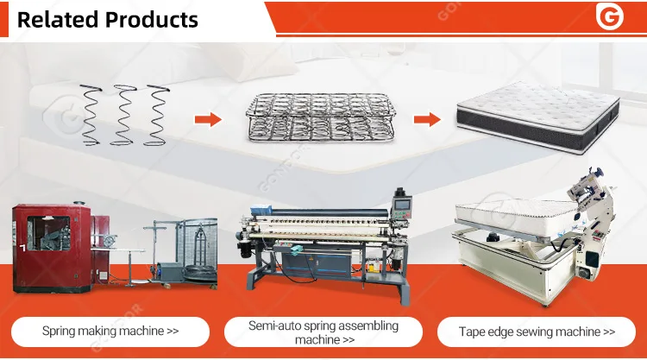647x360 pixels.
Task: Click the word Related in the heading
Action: point(57,20)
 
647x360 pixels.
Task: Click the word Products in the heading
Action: point(152,20)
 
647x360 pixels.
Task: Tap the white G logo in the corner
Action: point(609,17)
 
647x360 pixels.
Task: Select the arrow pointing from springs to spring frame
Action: point(209,120)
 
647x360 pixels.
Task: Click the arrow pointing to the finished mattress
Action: point(428,120)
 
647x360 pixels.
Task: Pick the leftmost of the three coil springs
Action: point(91,115)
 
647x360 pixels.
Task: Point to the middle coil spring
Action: point(124,115)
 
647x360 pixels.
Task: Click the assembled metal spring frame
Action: point(321,117)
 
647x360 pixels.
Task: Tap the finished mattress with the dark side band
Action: point(538,117)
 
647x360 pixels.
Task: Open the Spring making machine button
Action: point(110,332)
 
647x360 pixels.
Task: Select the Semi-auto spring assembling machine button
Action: point(323,332)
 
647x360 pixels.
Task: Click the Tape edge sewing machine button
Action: point(537,332)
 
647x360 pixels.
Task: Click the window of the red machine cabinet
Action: point(48,233)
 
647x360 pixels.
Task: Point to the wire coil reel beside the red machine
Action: point(201,273)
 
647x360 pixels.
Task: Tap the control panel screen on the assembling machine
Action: point(403,205)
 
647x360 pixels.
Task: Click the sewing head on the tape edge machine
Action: point(588,186)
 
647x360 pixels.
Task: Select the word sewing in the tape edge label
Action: point(525,332)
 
